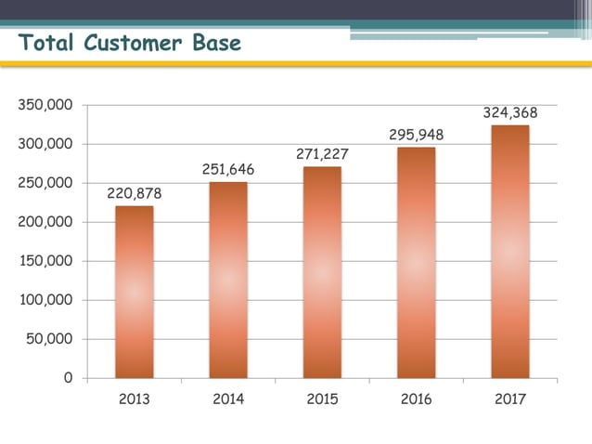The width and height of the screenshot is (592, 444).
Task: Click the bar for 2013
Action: pos(135,292)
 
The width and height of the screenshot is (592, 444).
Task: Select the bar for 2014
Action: pos(228,280)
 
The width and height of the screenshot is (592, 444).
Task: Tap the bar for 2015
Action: pos(322,272)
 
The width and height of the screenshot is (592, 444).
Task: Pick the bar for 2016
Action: pos(416,262)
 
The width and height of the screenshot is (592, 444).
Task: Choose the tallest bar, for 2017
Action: pos(509,251)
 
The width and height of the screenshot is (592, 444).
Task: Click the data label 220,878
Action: pos(135,193)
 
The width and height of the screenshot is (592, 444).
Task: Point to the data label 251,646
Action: pos(228,170)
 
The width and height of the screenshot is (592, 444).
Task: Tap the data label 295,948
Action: pos(416,135)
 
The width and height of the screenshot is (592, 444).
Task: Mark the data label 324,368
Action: pos(509,112)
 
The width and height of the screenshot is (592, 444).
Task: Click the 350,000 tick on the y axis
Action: pos(45,106)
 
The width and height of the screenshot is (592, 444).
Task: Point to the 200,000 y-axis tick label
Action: pos(45,223)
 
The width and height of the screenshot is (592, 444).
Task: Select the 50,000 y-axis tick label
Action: pos(49,339)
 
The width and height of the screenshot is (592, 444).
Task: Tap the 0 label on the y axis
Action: pos(68,378)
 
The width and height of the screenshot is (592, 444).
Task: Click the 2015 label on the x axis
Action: pos(322,399)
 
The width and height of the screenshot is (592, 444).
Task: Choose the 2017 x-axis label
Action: pos(509,399)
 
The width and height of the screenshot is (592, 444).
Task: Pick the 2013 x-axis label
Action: pos(135,399)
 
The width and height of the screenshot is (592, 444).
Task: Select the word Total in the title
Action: pos(47,43)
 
